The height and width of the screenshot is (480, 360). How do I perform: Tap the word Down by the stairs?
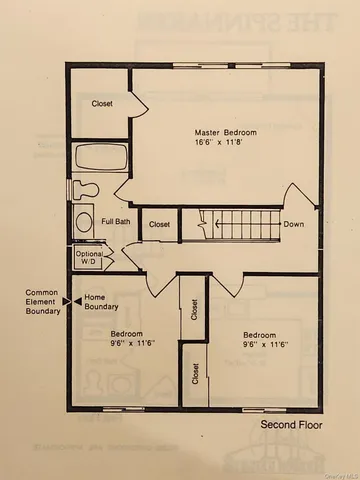coord(294,224)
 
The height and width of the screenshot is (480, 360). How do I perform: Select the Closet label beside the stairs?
coord(160,225)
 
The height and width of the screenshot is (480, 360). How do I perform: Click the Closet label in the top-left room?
coord(102,103)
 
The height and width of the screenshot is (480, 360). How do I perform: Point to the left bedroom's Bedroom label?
coord(126,333)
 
